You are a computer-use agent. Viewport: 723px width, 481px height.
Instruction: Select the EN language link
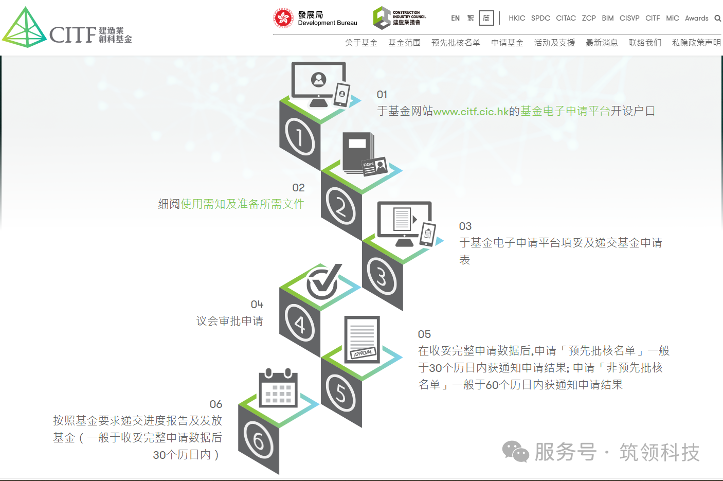click(x=455, y=18)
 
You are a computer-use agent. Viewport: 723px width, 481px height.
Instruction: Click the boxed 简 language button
click(x=486, y=18)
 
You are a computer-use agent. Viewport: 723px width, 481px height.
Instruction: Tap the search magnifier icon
click(x=717, y=19)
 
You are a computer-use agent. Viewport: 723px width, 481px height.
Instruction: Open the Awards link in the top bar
click(x=697, y=18)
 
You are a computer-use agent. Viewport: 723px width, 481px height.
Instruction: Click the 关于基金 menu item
click(x=361, y=43)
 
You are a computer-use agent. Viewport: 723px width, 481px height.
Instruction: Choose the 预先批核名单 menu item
click(x=456, y=43)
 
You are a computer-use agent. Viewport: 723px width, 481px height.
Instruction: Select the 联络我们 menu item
click(x=645, y=43)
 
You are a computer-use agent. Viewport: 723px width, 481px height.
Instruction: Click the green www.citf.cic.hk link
click(x=471, y=111)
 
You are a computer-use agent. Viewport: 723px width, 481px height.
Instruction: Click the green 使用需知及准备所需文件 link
click(x=242, y=204)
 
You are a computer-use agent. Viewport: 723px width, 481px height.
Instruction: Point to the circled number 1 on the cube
click(x=299, y=136)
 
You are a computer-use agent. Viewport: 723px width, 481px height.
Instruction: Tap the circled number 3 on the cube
click(x=382, y=276)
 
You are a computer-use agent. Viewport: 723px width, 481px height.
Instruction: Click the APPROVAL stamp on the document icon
click(x=363, y=353)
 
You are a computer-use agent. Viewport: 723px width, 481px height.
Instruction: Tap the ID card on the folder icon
click(x=374, y=166)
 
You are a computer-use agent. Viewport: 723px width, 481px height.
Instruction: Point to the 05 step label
click(x=424, y=334)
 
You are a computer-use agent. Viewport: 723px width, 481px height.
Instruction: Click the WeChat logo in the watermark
click(x=515, y=451)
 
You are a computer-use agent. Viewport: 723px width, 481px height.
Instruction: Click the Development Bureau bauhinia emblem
click(x=283, y=18)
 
